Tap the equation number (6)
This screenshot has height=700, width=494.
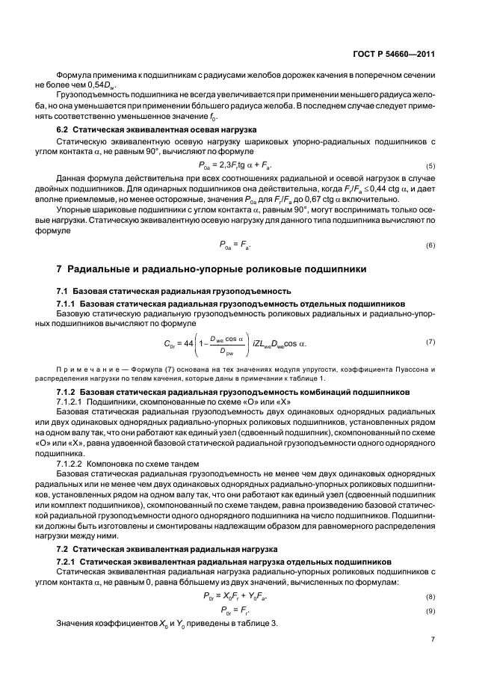(430, 245)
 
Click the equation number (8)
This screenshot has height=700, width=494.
(430, 576)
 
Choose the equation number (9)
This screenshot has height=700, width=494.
(430, 590)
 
